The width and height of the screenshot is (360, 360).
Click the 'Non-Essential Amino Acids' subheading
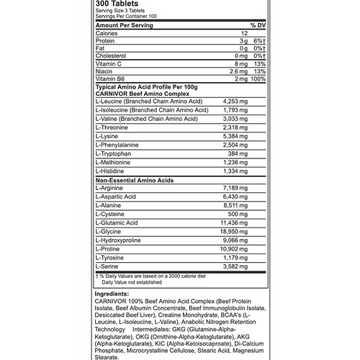tap(135, 180)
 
